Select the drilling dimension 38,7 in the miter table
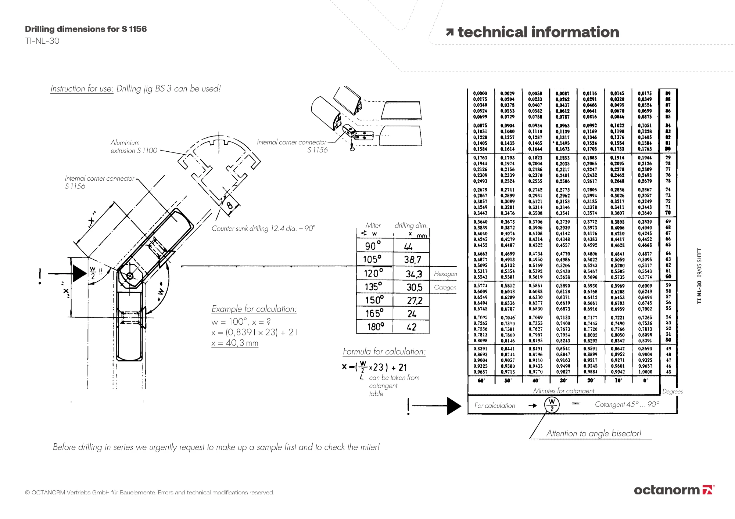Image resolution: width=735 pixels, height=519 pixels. (x=412, y=260)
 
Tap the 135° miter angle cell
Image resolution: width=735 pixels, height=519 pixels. (x=373, y=286)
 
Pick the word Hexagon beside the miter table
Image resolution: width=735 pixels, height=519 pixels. (x=445, y=274)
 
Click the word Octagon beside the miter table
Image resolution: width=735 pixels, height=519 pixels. (x=445, y=287)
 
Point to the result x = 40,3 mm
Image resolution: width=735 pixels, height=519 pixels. (x=235, y=343)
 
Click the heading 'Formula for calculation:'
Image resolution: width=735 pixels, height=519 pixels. (x=384, y=352)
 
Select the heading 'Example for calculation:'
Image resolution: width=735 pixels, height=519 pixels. (x=254, y=309)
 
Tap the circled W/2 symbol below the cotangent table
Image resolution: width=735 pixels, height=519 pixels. (x=552, y=405)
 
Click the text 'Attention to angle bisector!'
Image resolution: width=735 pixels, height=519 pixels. (x=594, y=433)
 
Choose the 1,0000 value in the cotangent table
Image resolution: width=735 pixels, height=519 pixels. (x=645, y=372)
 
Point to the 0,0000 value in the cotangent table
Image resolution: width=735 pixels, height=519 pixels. (x=480, y=94)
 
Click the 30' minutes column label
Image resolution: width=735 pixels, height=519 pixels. (x=563, y=381)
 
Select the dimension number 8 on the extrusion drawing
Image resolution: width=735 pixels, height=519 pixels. (x=230, y=205)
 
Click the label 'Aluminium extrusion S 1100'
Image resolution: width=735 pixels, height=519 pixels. (x=133, y=147)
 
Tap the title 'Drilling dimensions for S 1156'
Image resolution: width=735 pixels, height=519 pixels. (x=86, y=29)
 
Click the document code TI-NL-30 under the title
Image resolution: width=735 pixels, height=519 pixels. (x=42, y=41)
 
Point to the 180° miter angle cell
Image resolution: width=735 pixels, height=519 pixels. (x=374, y=327)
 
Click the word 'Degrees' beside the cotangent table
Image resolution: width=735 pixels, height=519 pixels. (x=672, y=392)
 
